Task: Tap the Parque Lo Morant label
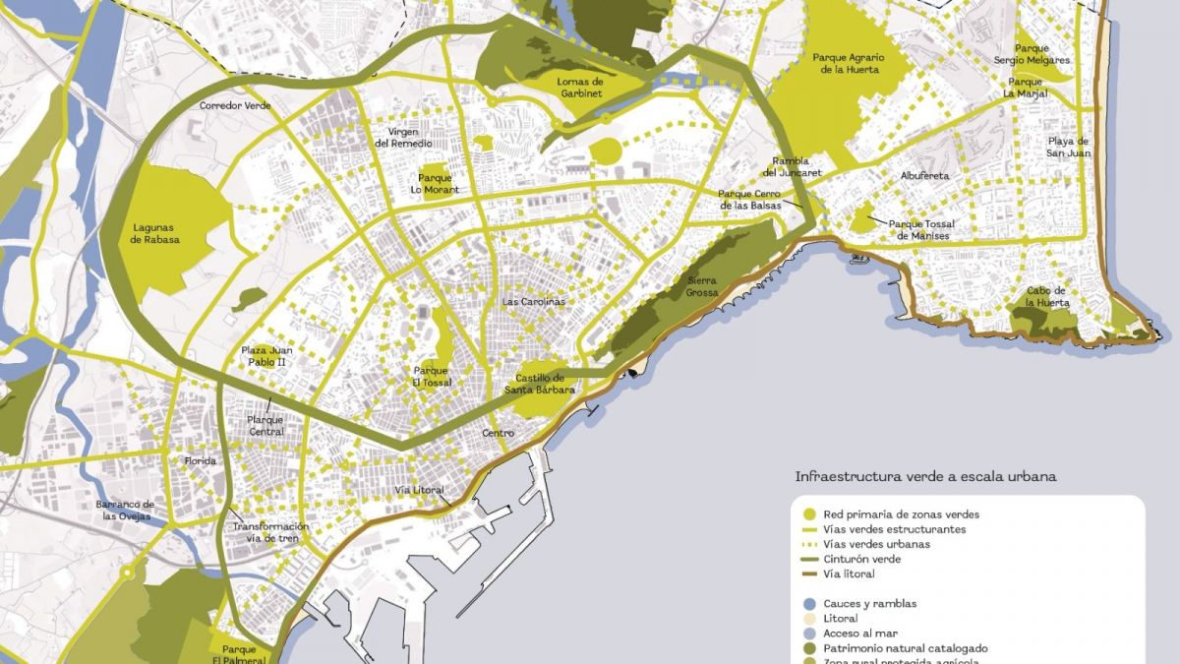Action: coord(435,184)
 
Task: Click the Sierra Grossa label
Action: coord(701,286)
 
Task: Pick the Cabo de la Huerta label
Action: coord(1046,296)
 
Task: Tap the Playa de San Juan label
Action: coord(1067,147)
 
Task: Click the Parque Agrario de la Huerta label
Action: coord(849,63)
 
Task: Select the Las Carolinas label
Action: coord(534,301)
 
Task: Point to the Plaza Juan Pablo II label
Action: coord(267,355)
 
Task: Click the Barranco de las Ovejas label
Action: coord(125,510)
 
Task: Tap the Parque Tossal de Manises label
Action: coord(920,230)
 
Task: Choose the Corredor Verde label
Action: coord(235,105)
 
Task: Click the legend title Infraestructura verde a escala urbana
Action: coord(925,477)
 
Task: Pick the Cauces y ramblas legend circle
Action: coord(808,604)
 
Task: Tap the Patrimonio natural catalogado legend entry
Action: coord(906,648)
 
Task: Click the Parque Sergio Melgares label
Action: coord(1042,54)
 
